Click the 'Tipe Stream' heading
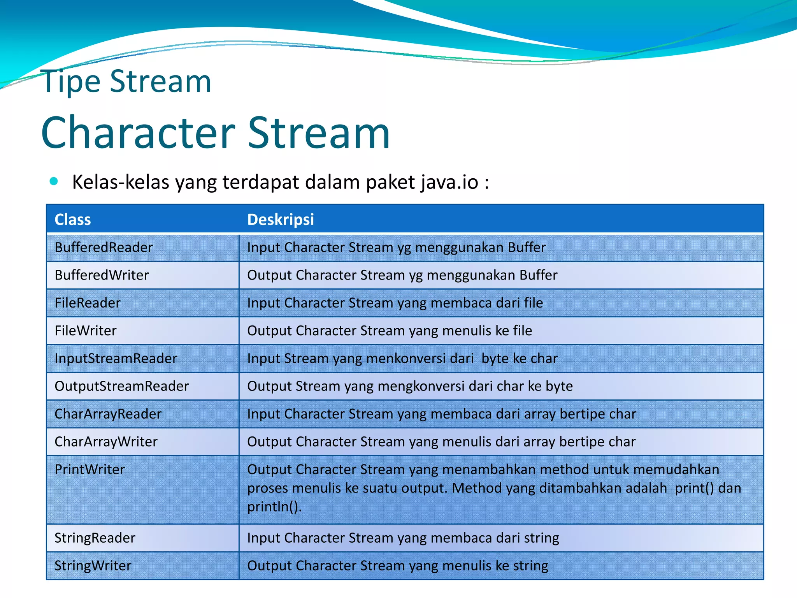(126, 82)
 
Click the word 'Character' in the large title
(138, 133)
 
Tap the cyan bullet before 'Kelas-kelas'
(54, 181)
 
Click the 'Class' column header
(73, 220)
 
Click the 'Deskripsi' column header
(281, 220)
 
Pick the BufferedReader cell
(104, 248)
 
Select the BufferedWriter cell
(102, 275)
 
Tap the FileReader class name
(88, 303)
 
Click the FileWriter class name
(86, 331)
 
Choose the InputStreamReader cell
(116, 359)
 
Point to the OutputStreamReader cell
(121, 386)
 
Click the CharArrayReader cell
(108, 414)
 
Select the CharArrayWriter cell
(106, 442)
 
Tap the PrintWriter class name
(90, 470)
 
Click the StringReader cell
(95, 538)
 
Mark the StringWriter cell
(93, 566)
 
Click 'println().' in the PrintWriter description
(274, 507)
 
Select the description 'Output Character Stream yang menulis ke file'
(390, 331)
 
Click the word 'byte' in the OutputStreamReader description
(559, 386)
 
